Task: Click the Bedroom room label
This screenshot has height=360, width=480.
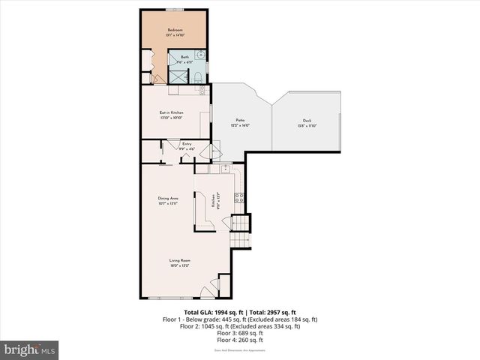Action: [x=174, y=31]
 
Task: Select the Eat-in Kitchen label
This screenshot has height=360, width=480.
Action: [x=172, y=112]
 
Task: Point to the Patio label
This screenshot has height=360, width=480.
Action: [x=240, y=120]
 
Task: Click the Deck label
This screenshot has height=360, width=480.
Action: [x=307, y=120]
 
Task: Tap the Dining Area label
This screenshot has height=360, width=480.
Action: [x=168, y=198]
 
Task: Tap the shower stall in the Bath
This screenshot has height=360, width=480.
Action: [x=178, y=76]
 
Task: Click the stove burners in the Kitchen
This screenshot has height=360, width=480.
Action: [x=239, y=198]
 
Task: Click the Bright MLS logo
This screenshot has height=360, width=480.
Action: [x=30, y=349]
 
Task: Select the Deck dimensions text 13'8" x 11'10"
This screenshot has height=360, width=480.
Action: [x=307, y=125]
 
